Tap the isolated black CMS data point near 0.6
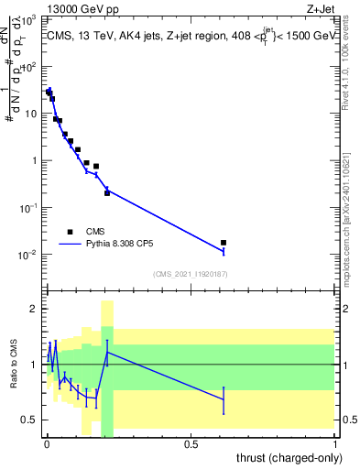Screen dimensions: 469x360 point(224,243)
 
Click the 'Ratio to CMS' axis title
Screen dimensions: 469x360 point(14,365)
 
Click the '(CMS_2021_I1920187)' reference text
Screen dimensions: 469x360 point(191,274)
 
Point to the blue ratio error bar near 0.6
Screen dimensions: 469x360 point(224,399)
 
